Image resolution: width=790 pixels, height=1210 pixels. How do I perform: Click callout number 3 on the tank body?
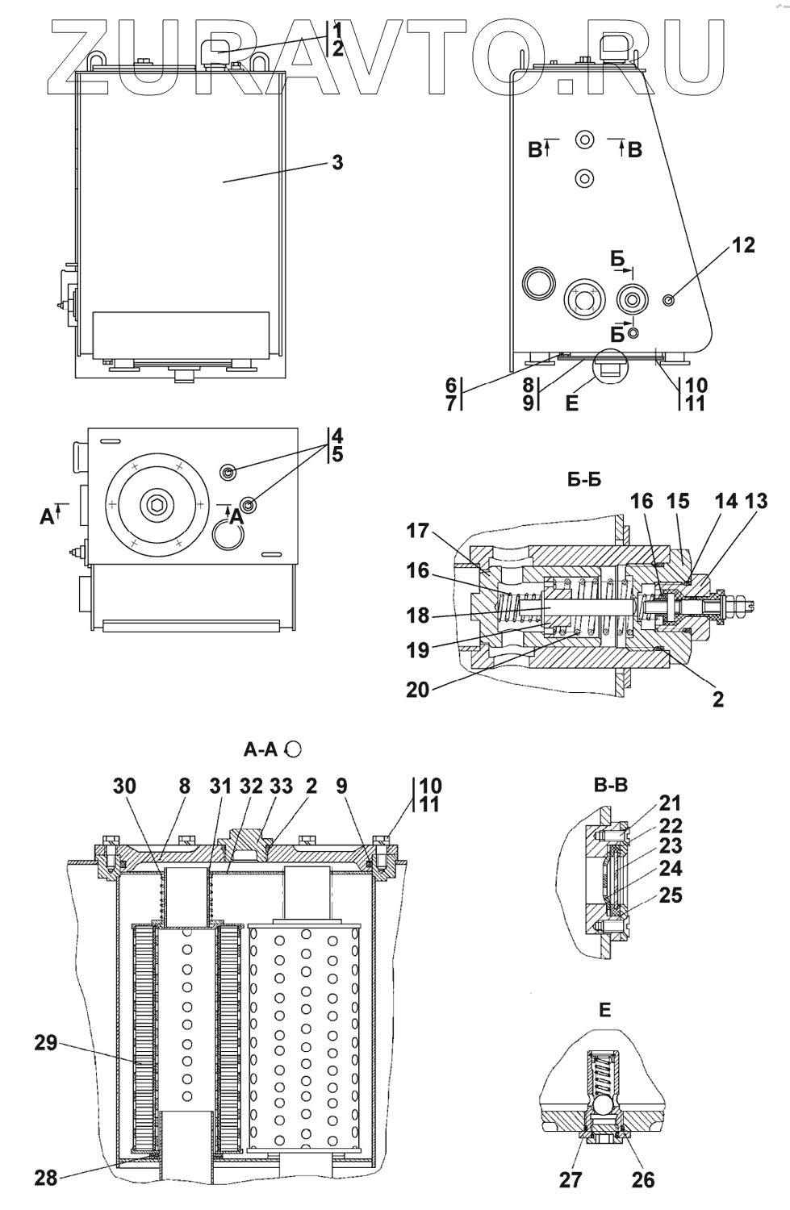pos(337,163)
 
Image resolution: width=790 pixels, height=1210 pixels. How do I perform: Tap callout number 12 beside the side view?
pos(743,245)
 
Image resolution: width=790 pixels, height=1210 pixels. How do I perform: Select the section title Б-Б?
pos(583,479)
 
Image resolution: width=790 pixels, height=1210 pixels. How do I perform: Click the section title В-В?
pos(611,785)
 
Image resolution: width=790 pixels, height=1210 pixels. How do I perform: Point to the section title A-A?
pos(261,749)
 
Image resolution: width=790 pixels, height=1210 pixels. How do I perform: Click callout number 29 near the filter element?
pos(46,1042)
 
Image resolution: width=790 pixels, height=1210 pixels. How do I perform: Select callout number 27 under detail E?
pos(571,1179)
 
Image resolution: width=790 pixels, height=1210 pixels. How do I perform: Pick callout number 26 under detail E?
pos(642,1179)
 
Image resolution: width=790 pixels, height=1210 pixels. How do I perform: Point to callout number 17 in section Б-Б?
pos(418,531)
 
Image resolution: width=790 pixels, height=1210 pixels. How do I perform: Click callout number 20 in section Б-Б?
pos(418,689)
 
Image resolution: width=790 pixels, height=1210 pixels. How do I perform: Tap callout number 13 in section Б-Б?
pos(756,501)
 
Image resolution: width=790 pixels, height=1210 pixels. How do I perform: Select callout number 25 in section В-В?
pos(670,895)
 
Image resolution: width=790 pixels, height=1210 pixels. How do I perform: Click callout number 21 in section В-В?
pos(670,803)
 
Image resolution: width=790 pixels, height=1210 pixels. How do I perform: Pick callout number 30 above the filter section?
pos(124,786)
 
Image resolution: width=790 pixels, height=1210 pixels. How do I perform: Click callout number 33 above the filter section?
pos(281,786)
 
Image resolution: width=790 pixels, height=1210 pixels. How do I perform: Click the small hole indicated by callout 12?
pos(668,299)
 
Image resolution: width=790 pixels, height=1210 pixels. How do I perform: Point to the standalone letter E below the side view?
pos(571,403)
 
